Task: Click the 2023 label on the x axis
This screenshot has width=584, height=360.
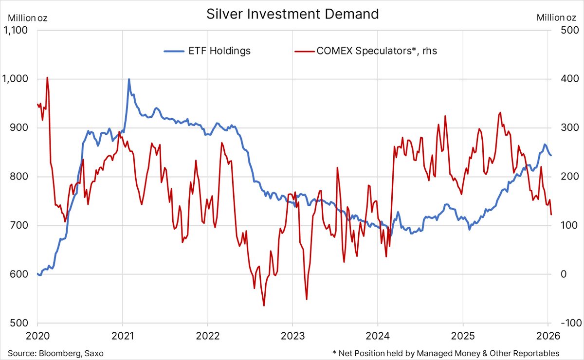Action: click(292, 336)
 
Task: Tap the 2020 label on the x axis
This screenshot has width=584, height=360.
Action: click(37, 336)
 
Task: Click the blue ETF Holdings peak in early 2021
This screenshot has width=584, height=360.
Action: click(129, 79)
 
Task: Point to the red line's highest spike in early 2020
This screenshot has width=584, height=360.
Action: click(47, 77)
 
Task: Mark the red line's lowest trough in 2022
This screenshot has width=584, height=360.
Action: click(264, 306)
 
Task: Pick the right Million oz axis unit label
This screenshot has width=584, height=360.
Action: click(556, 18)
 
